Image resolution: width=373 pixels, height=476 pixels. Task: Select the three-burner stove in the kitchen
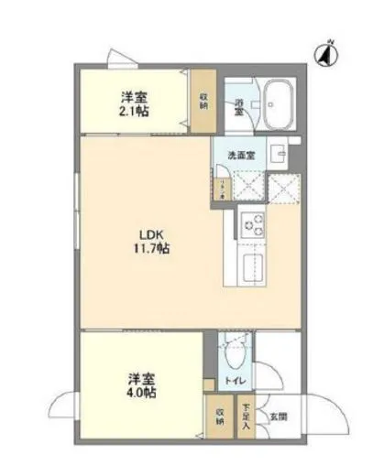252,223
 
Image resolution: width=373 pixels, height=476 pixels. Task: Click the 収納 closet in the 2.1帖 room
203,100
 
